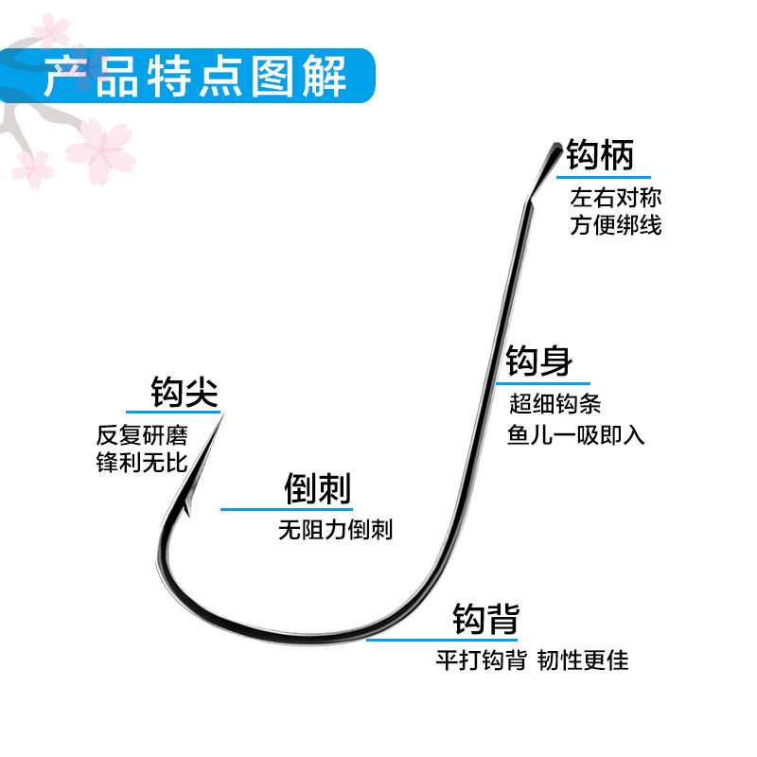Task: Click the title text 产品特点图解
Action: click(x=196, y=78)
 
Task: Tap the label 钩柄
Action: click(x=601, y=154)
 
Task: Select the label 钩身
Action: click(x=539, y=361)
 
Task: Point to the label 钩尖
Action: click(x=185, y=391)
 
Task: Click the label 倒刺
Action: click(x=317, y=489)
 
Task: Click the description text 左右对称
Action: click(x=616, y=199)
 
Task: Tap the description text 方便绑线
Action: click(x=616, y=225)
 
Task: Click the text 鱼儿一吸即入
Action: click(x=576, y=435)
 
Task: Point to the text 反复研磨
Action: click(x=142, y=435)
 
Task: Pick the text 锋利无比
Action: click(x=142, y=463)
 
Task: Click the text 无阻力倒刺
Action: click(x=335, y=530)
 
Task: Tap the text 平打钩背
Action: click(x=481, y=660)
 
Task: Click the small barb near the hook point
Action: click(x=186, y=510)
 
